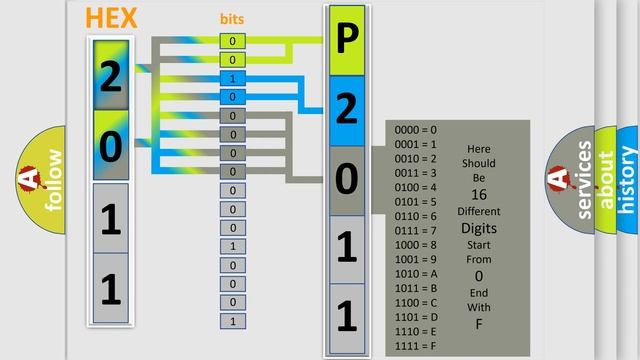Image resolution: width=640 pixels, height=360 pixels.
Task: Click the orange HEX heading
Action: [x=112, y=19]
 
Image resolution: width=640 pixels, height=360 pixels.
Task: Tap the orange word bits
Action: [x=232, y=19]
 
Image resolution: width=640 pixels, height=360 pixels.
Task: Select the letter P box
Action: [x=346, y=41]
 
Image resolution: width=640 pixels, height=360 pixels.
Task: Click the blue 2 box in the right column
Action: [x=346, y=109]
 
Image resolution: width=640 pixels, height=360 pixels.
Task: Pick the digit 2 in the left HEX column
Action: [x=111, y=76]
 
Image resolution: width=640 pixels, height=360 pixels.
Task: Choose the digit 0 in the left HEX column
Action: [x=111, y=146]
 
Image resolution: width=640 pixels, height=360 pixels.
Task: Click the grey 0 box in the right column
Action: [x=346, y=180]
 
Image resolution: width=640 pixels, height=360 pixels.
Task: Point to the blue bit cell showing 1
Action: [x=232, y=78]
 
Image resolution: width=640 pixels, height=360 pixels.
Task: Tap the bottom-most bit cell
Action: [x=232, y=321]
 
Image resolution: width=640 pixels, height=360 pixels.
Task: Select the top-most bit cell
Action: [x=232, y=41]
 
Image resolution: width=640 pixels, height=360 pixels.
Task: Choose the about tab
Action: [x=605, y=180]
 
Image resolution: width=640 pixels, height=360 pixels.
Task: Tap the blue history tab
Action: [x=628, y=180]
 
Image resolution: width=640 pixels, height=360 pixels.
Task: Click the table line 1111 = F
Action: [x=415, y=346]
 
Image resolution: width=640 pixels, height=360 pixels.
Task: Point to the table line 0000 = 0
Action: [x=415, y=130]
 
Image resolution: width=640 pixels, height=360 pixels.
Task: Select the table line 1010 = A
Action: [x=415, y=274]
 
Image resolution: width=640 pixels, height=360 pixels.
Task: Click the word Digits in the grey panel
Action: [x=478, y=228]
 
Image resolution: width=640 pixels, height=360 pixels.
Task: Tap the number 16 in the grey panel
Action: [x=478, y=195]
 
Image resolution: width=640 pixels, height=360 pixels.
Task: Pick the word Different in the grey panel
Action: [x=478, y=212]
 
